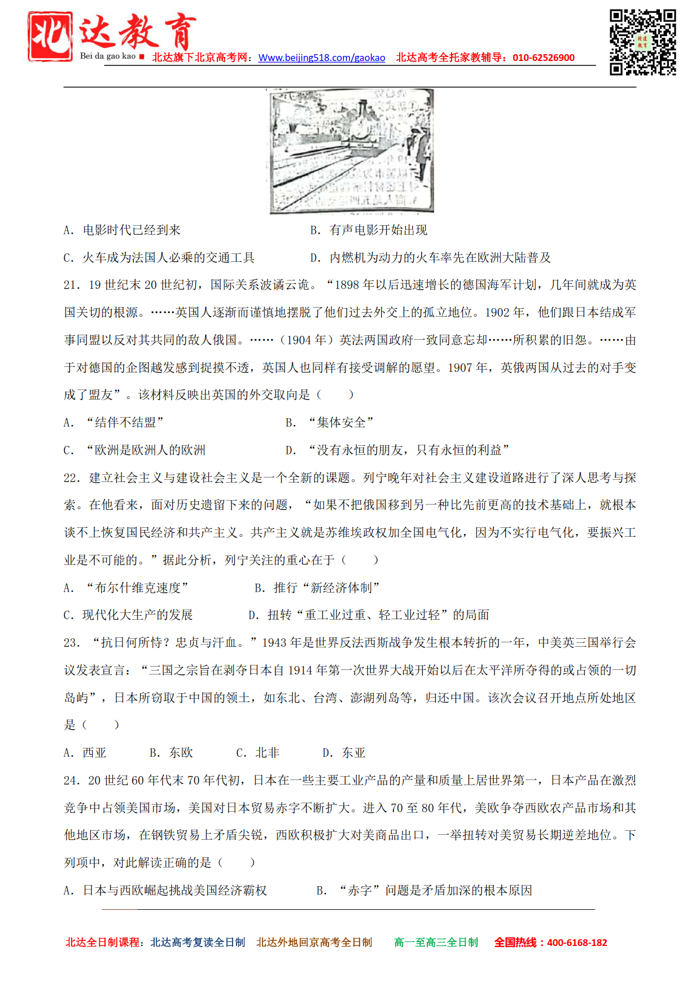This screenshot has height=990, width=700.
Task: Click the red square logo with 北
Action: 50,36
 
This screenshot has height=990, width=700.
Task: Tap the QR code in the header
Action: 642,42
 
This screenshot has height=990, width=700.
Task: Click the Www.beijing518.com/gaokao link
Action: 322,58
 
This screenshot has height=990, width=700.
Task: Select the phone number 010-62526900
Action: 543,58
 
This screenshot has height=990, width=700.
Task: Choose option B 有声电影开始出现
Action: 369,230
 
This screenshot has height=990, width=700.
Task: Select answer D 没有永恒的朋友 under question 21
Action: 397,450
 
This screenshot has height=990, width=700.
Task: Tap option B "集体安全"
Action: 330,423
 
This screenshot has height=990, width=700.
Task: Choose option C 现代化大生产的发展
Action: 128,615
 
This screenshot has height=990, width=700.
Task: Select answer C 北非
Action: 258,753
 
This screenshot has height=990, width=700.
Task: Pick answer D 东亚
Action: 344,753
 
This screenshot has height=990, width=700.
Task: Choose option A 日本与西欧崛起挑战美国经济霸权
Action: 165,891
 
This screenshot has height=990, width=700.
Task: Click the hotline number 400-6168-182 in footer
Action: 577,943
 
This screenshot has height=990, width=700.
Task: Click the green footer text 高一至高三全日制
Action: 436,943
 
